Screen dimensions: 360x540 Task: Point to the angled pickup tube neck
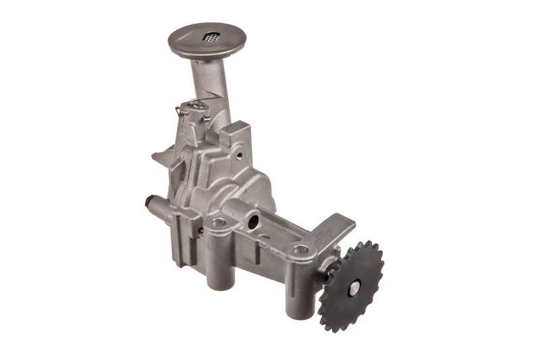pyautogui.click(x=202, y=78)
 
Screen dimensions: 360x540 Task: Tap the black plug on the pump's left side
pyautogui.click(x=149, y=201)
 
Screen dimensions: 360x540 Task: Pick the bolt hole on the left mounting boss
pyautogui.click(x=217, y=220)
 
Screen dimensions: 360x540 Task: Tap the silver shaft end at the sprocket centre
pyautogui.click(x=352, y=286)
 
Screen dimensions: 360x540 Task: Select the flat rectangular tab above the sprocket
pyautogui.click(x=337, y=226)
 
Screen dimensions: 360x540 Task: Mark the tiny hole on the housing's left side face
pyautogui.click(x=200, y=231)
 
